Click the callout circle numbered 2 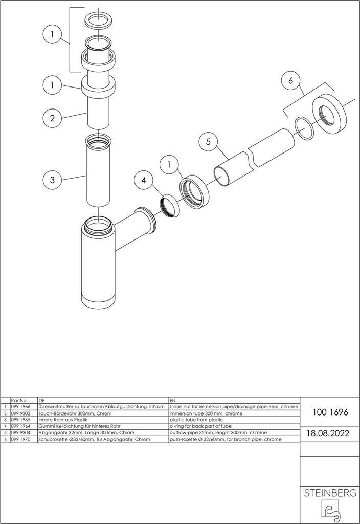(x=52, y=118)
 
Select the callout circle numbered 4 (x=144, y=180)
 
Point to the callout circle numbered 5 (x=209, y=142)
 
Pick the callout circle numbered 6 (x=291, y=81)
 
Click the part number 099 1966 (x=20, y=406)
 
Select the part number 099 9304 (x=20, y=432)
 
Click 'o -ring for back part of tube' (x=201, y=426)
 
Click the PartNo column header (x=19, y=399)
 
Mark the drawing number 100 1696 (x=327, y=412)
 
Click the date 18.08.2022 (x=327, y=433)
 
